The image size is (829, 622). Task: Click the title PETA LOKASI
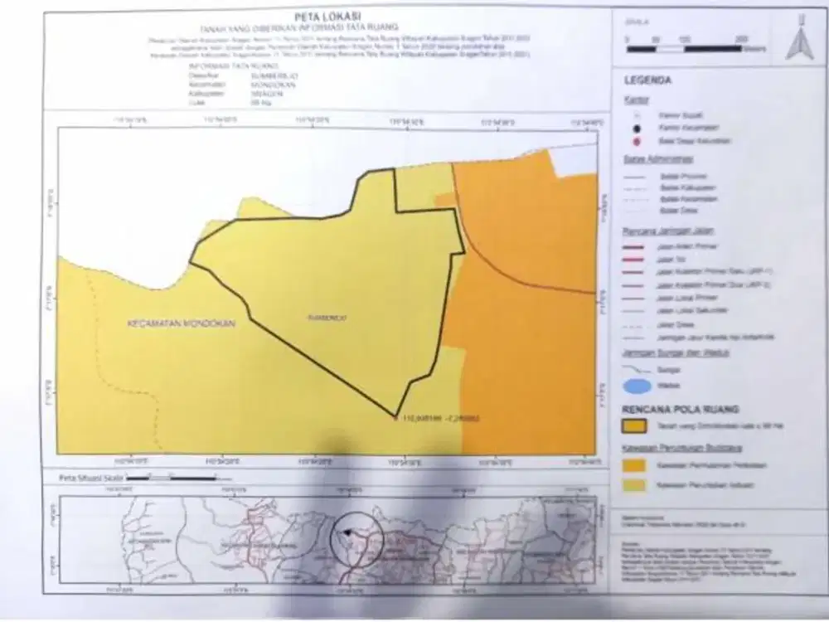tap(322, 16)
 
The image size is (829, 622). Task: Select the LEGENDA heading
tap(647, 80)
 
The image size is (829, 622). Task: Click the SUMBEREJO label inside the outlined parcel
tap(324, 317)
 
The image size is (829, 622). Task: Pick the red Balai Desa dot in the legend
tap(637, 141)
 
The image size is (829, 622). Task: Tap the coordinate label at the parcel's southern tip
tap(439, 417)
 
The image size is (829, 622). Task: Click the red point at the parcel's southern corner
tap(396, 417)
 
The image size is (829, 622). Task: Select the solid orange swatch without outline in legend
tap(637, 465)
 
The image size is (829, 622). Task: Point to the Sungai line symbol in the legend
tap(637, 368)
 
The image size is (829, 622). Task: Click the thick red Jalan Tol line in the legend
tap(637, 259)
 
